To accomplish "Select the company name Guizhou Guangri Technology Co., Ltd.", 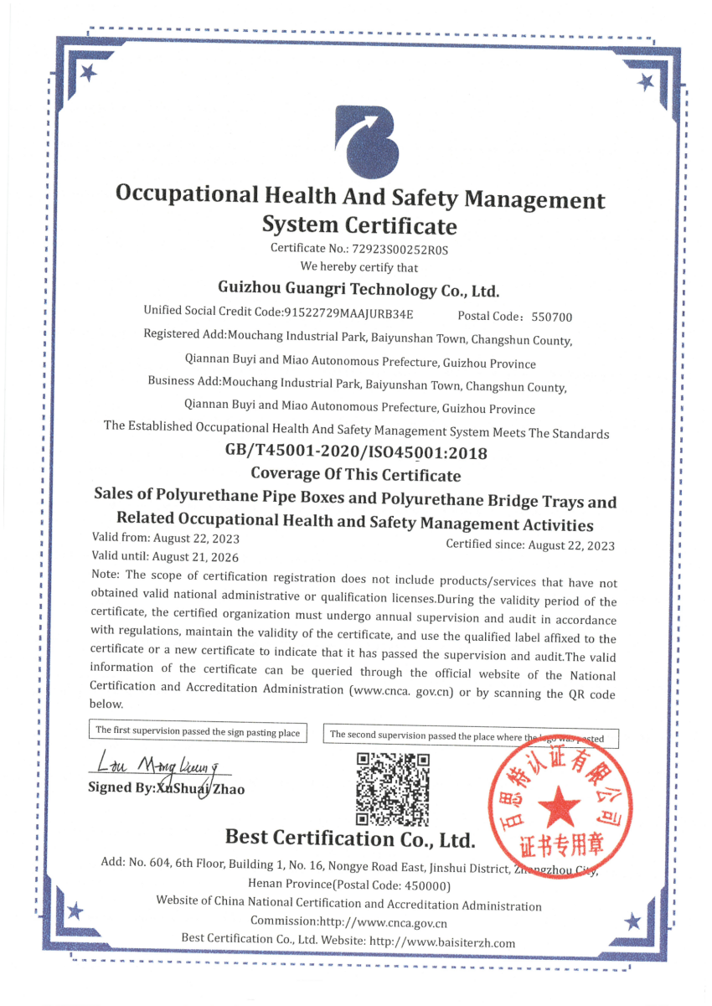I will click(x=358, y=290).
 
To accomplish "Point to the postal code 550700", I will click(x=552, y=317).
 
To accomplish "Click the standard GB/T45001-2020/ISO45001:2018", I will click(x=356, y=452).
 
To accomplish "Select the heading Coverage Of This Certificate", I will click(x=356, y=475).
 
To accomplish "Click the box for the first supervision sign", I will click(x=198, y=731).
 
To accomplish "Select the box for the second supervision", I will click(x=474, y=736).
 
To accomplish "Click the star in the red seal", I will click(x=558, y=809).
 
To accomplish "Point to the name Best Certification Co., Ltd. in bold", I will click(x=350, y=838).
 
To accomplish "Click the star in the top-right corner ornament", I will click(x=645, y=82).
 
